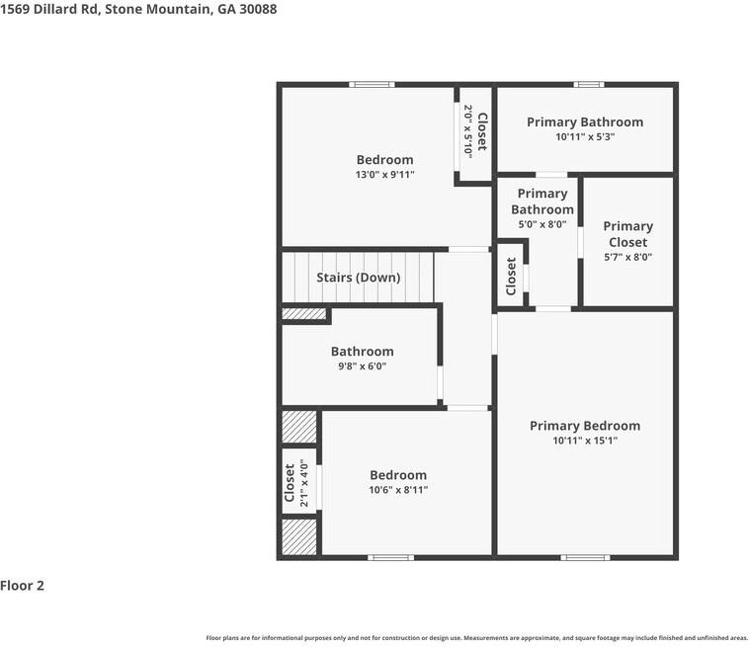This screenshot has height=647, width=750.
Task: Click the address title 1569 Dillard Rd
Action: coord(138,9)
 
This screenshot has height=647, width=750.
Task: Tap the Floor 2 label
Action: coord(23,586)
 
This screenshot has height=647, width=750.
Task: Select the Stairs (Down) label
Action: coord(358,278)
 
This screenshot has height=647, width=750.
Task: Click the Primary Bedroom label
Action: coord(584,426)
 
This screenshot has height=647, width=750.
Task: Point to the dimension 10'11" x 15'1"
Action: coord(584,442)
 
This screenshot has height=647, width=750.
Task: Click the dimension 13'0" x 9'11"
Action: coord(384,175)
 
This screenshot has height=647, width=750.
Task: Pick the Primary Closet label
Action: coord(627,234)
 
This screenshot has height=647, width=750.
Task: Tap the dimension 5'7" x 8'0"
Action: coord(627,258)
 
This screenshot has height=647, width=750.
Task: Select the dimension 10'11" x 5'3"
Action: coord(585,138)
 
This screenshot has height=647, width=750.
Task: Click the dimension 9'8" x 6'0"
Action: coord(362,366)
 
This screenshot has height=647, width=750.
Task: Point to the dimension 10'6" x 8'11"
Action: coord(398,490)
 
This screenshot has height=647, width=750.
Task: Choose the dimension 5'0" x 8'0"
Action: coord(542,224)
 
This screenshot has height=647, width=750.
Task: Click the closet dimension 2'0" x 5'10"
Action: coord(468,130)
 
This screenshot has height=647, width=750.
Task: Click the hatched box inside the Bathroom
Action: coord(304,314)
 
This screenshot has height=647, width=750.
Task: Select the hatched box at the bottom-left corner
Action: coord(298,535)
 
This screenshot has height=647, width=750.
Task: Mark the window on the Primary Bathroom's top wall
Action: coord(589,84)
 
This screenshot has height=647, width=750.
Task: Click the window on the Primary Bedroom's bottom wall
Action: coord(585,558)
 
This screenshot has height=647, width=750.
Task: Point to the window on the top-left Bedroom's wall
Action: coord(373,84)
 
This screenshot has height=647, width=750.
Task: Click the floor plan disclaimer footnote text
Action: coord(476,638)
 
